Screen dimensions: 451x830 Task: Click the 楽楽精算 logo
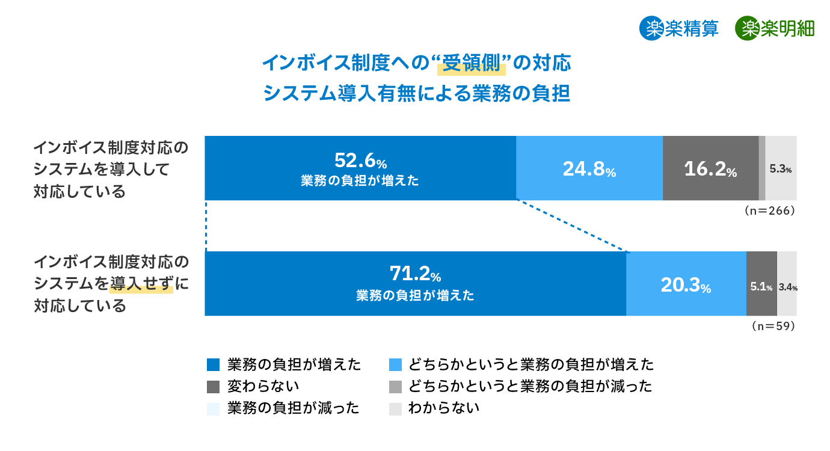click(x=679, y=28)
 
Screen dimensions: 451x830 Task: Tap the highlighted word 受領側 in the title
click(x=472, y=63)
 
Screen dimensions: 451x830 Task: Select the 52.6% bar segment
click(x=360, y=168)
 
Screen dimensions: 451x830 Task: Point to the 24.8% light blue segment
click(x=589, y=168)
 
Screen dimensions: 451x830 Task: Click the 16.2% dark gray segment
click(x=710, y=168)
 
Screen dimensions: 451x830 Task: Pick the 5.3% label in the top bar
click(x=780, y=169)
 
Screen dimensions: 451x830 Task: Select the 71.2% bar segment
click(x=415, y=283)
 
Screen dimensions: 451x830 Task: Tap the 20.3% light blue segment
click(x=686, y=283)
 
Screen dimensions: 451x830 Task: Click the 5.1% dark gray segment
click(x=761, y=283)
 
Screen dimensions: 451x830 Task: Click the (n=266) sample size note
click(x=770, y=211)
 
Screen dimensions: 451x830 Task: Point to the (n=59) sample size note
click(x=773, y=327)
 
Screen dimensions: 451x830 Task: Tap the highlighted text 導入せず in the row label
click(x=141, y=283)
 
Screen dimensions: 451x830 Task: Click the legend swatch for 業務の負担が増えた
click(x=213, y=364)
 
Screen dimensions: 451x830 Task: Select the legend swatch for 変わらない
click(x=213, y=386)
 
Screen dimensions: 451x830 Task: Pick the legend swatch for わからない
click(x=395, y=408)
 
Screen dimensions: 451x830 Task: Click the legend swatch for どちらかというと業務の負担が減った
click(x=395, y=386)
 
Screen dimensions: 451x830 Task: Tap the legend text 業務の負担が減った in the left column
click(x=294, y=408)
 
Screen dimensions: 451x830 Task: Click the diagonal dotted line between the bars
click(x=571, y=226)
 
